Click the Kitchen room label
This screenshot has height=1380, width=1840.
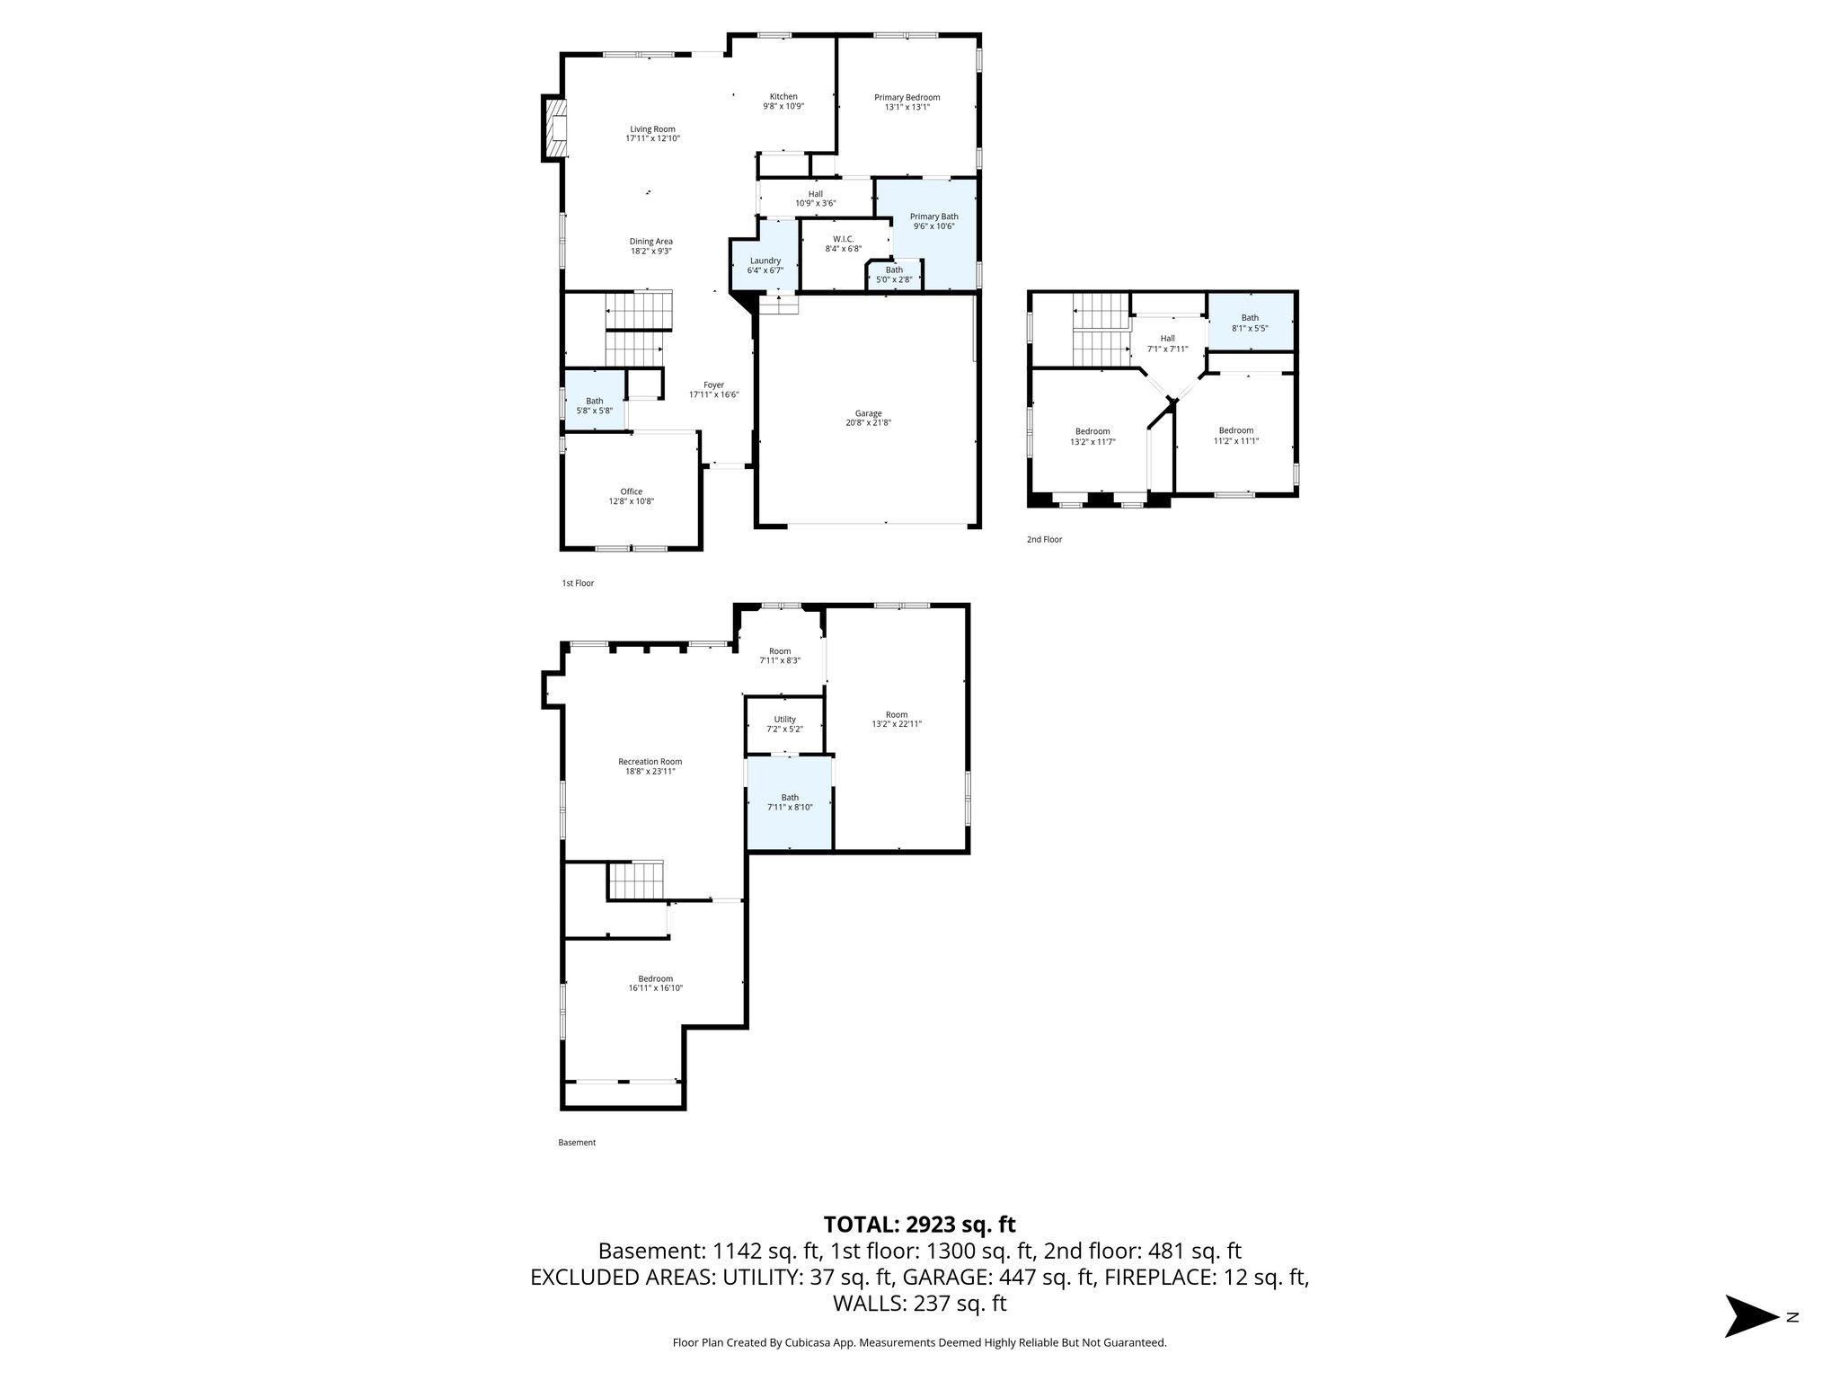(x=783, y=97)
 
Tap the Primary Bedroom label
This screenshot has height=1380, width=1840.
(x=907, y=98)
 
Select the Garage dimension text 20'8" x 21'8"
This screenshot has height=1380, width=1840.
(x=867, y=423)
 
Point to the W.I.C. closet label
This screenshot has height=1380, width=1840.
(x=843, y=239)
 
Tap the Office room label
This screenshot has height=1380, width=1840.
(x=631, y=491)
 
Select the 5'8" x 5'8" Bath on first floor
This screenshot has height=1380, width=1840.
(x=594, y=406)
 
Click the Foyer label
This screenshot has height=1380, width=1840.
(x=713, y=385)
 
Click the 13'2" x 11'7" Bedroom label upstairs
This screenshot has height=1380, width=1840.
(x=1092, y=431)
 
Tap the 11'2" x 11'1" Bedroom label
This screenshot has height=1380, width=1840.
(x=1235, y=430)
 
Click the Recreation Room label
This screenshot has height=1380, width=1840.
(x=651, y=762)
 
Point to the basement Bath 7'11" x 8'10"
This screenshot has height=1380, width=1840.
(x=790, y=802)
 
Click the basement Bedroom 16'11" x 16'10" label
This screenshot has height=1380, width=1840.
(x=655, y=979)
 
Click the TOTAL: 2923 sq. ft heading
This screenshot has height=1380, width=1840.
(x=919, y=1224)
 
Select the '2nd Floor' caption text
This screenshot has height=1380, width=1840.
(x=1044, y=540)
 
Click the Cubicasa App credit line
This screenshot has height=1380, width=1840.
(x=919, y=1342)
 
